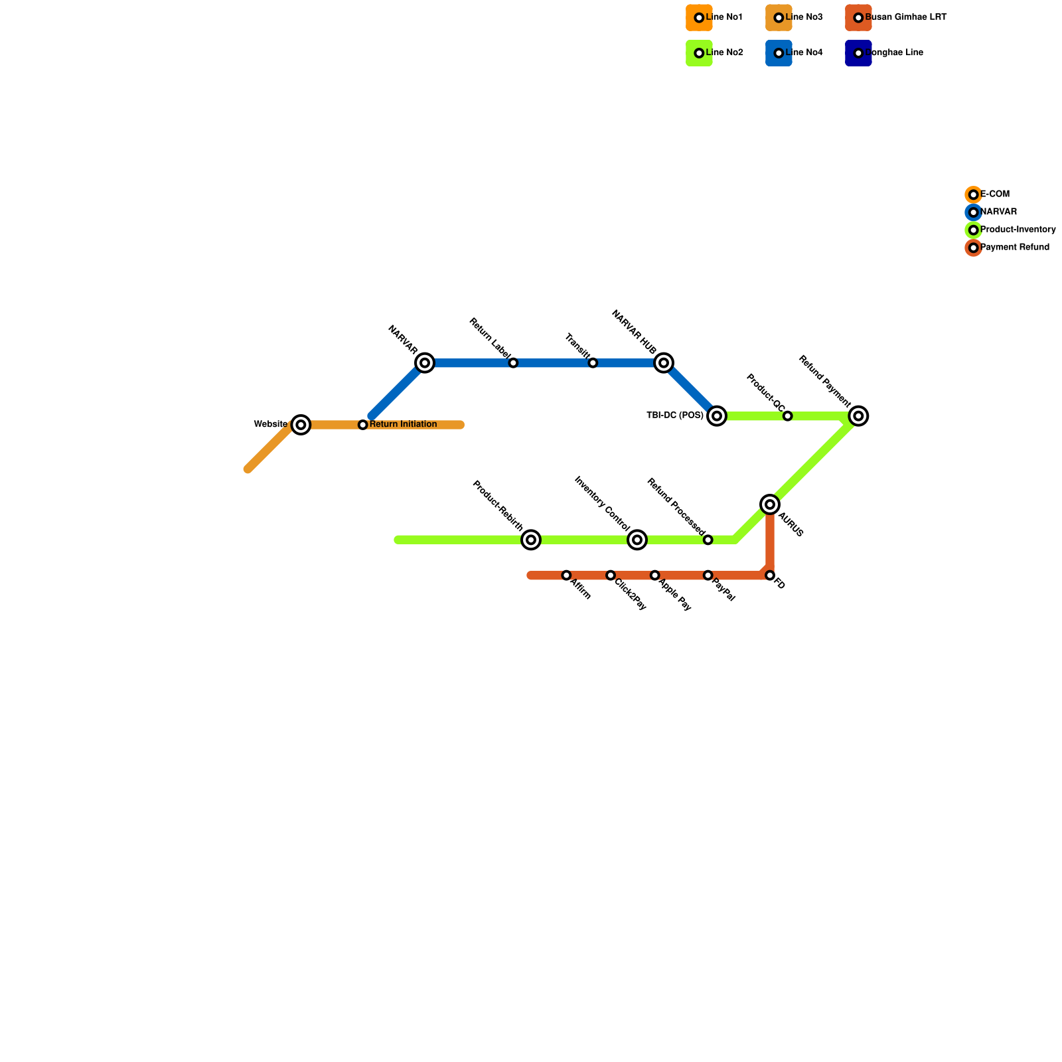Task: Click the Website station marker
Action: (x=301, y=425)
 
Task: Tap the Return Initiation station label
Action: (x=403, y=425)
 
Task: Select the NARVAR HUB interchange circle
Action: (x=664, y=363)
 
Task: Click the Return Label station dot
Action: (x=513, y=363)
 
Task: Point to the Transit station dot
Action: (x=593, y=363)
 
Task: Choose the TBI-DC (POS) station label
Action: (x=674, y=416)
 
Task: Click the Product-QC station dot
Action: (x=787, y=416)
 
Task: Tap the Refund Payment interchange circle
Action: (x=859, y=416)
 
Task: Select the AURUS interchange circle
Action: (x=770, y=505)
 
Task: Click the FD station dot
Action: (x=770, y=575)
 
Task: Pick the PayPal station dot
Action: (x=708, y=575)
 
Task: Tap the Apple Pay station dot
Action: (x=655, y=575)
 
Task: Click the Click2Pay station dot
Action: (x=611, y=575)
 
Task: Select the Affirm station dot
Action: (x=566, y=575)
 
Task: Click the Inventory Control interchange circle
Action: (x=637, y=540)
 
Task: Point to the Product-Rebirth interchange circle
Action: (x=531, y=540)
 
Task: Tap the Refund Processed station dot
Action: (x=708, y=540)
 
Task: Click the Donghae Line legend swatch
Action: (x=858, y=53)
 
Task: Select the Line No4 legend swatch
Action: (x=779, y=53)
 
